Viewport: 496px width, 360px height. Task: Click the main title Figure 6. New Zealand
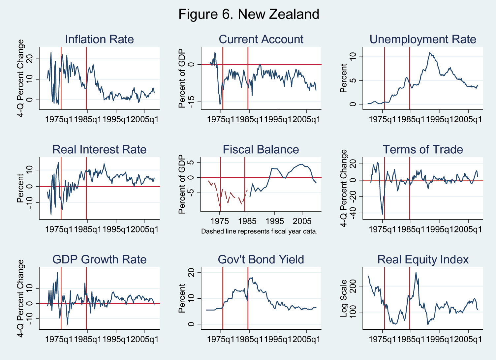[x=249, y=15]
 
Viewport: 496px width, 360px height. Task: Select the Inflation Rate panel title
[x=99, y=39]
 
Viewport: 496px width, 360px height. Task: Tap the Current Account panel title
[x=261, y=39]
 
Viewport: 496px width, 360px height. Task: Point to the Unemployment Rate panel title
[x=423, y=39]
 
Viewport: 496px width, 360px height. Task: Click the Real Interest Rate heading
[x=99, y=149]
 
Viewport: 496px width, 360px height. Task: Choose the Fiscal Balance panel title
[x=261, y=149]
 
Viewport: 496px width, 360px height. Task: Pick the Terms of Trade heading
[x=423, y=149]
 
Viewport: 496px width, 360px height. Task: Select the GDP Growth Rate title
[x=99, y=259]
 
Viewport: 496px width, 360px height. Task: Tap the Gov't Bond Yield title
[x=261, y=259]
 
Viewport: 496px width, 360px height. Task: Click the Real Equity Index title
[x=423, y=259]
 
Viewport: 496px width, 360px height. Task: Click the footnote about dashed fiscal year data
[x=259, y=231]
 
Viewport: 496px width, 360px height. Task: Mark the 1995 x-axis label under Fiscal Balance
[x=275, y=221]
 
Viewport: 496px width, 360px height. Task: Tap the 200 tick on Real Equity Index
[x=353, y=286]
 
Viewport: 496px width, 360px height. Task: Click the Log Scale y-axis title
[x=344, y=298]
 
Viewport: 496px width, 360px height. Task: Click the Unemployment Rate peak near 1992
[x=429, y=52]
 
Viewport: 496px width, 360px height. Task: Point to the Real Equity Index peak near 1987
[x=416, y=272]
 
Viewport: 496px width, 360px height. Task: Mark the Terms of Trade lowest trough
[x=383, y=214]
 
